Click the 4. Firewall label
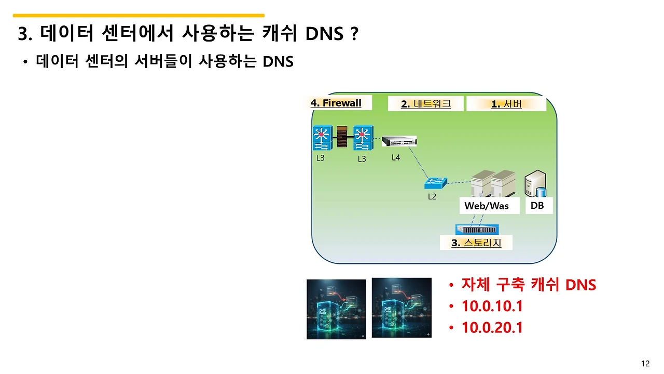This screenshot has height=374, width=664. coord(336,103)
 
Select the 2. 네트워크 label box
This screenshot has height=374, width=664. coord(426,104)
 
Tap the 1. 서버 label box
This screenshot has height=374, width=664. coord(506,104)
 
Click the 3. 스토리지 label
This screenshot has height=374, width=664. coord(476,243)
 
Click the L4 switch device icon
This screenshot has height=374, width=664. coord(399,141)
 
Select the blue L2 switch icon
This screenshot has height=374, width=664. coord(435,183)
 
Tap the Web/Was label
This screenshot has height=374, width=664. coord(486,206)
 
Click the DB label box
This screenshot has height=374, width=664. coord(537,206)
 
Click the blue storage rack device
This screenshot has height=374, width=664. coord(476,230)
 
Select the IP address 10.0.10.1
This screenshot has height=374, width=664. coord(492,306)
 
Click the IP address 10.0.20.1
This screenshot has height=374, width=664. coord(492,328)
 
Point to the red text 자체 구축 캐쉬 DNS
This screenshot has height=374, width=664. coord(529,285)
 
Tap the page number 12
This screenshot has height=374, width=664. coord(645,364)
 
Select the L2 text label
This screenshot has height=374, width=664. coord(432,197)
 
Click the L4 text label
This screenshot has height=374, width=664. coord(396,157)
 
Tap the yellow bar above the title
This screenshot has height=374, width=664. coord(139,16)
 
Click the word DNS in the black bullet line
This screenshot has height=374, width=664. coord(278,62)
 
